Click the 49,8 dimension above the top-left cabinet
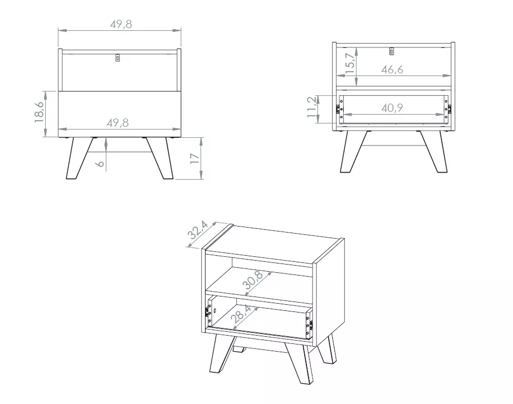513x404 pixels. click(x=121, y=24)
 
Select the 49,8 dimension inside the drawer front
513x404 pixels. click(x=118, y=123)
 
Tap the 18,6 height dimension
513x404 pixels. click(x=39, y=112)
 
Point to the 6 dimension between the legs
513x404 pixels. click(x=101, y=163)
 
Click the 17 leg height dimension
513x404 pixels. click(x=195, y=158)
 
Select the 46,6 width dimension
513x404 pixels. click(x=392, y=69)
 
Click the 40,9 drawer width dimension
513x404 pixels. click(x=392, y=108)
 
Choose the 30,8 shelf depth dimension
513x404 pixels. click(x=253, y=281)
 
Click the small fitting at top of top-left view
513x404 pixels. click(x=118, y=57)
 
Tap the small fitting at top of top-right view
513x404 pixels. click(x=392, y=51)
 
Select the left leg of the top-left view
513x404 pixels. click(x=79, y=158)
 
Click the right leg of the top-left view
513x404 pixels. click(x=160, y=158)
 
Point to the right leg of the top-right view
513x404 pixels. click(x=434, y=152)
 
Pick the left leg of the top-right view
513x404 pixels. click(x=354, y=152)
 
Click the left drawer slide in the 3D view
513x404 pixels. click(x=207, y=312)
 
